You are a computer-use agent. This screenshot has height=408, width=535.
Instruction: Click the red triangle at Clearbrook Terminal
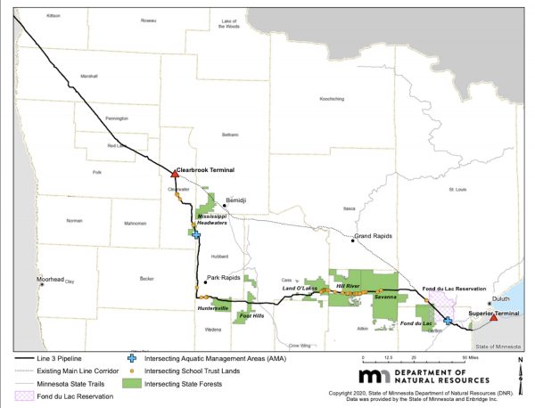[x=173, y=174]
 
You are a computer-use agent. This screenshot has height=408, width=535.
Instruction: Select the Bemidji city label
[x=235, y=202]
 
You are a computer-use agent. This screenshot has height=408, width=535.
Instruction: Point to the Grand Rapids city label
[x=374, y=237]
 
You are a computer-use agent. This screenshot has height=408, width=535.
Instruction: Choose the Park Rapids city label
[x=224, y=278]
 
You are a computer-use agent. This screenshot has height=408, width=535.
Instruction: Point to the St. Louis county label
[x=457, y=189]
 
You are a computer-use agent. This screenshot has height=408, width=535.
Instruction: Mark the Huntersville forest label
[x=213, y=308]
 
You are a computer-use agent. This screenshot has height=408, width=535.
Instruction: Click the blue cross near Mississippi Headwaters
[x=194, y=233]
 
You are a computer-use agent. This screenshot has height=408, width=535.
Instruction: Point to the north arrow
[x=520, y=368]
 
